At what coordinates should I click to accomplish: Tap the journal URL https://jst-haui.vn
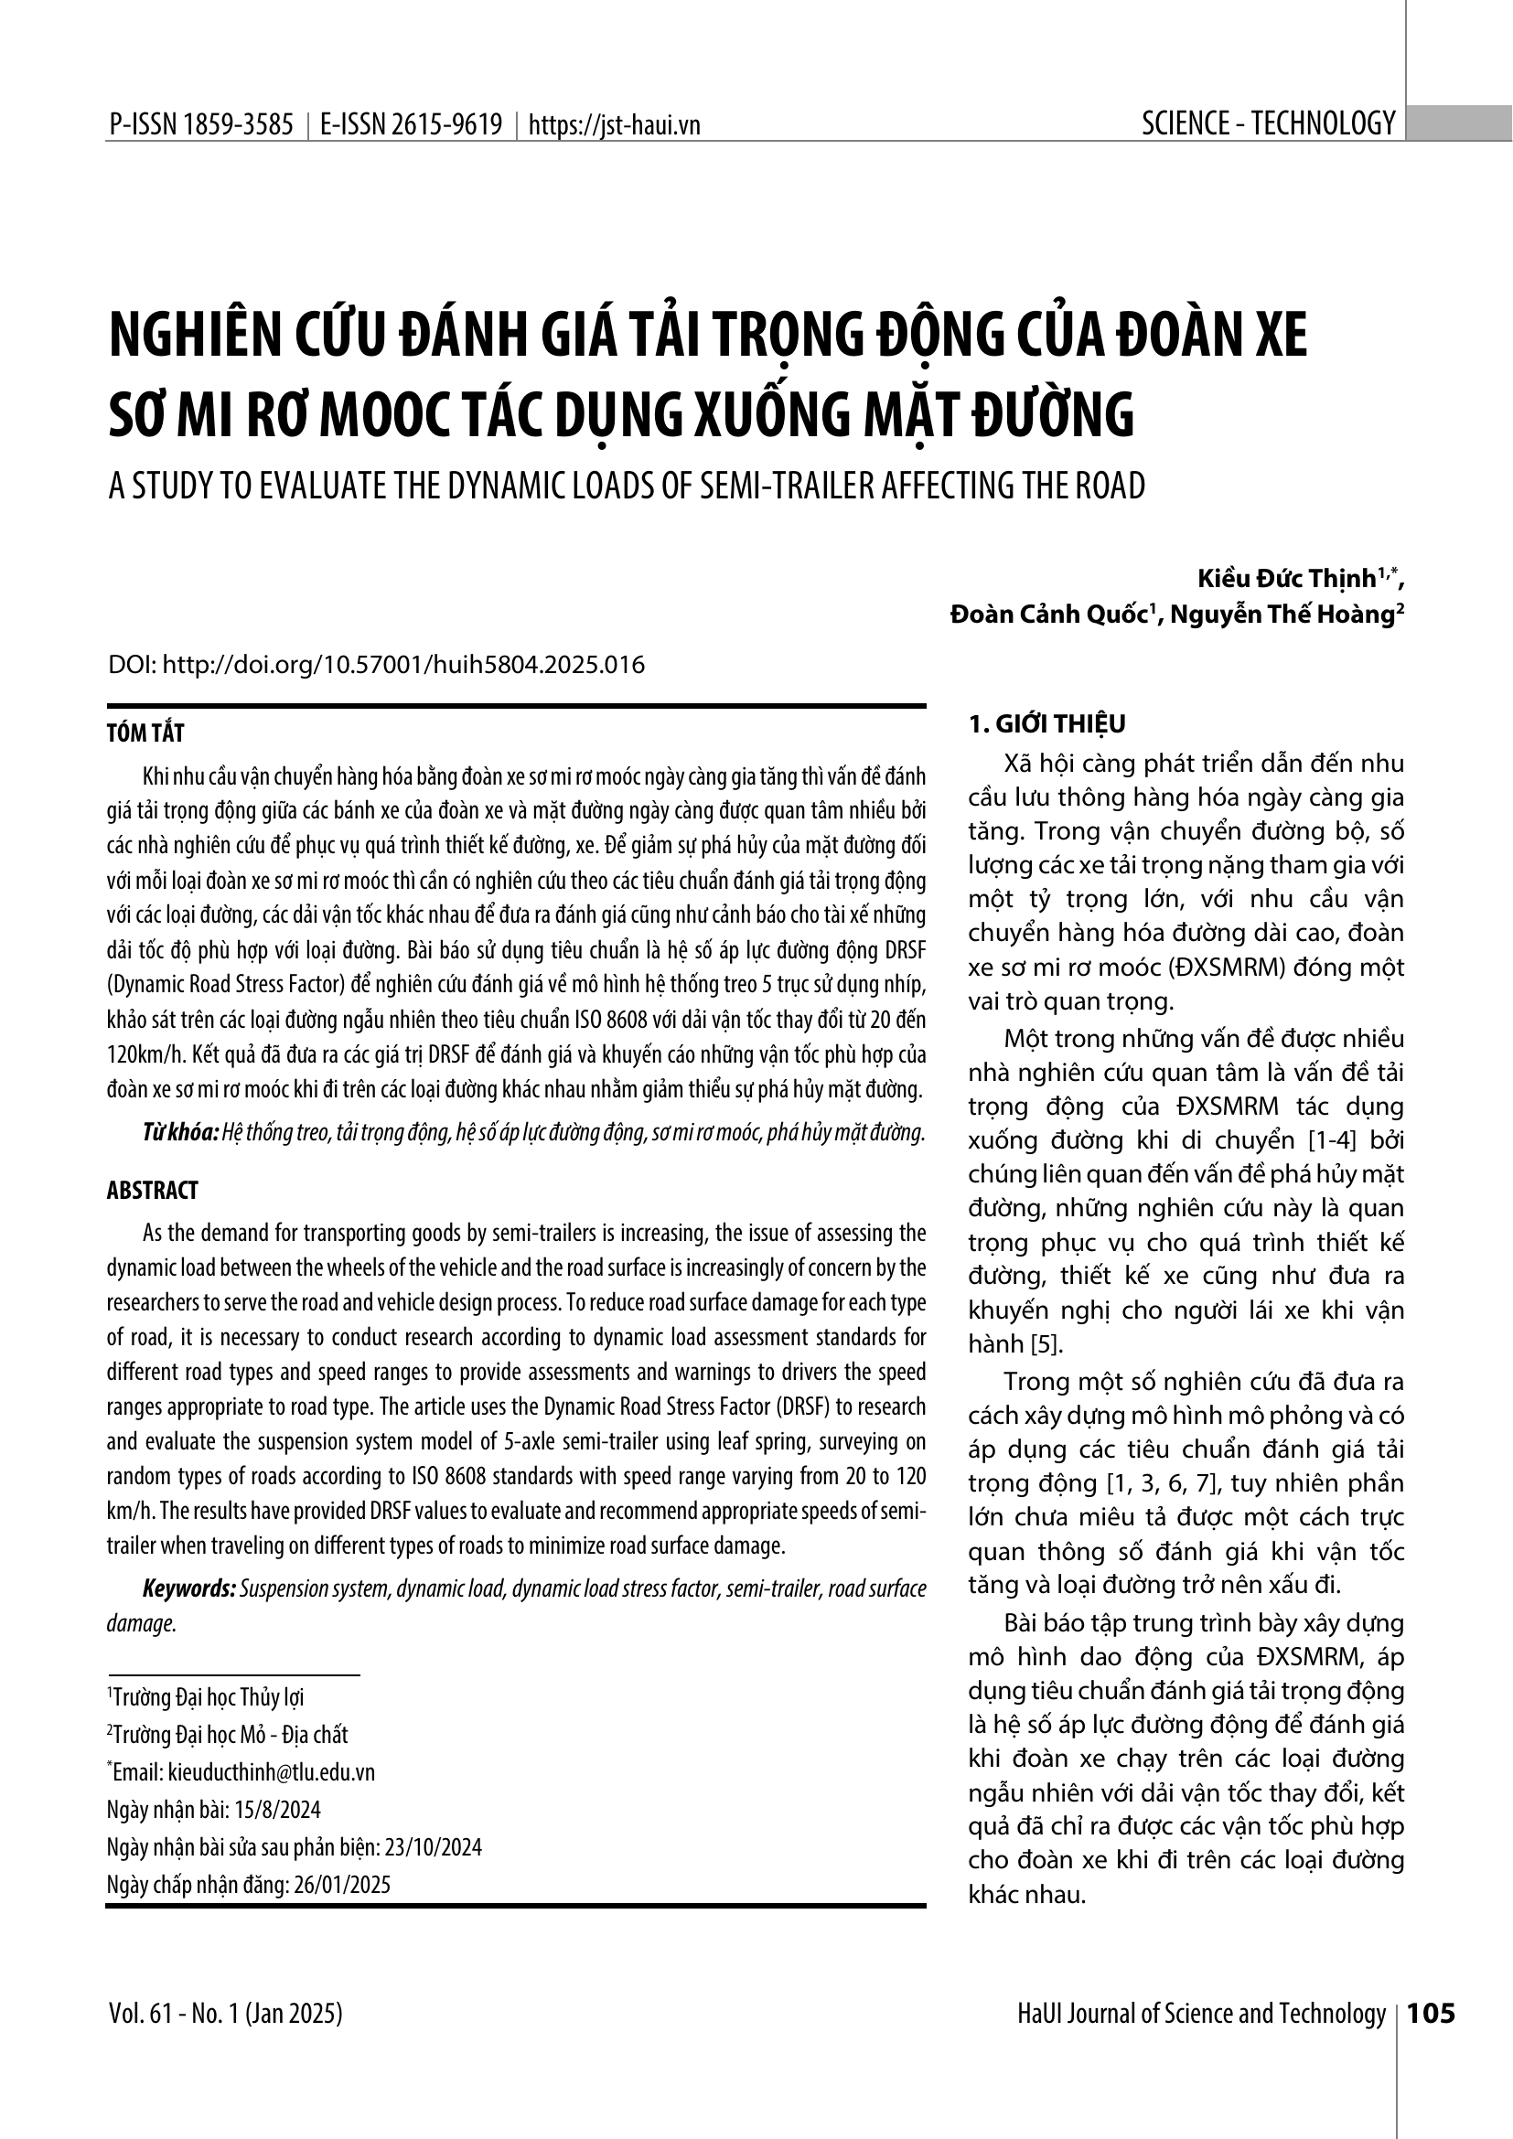coord(614,125)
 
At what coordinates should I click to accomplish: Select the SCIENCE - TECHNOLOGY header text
coord(1268,123)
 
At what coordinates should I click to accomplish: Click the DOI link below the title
coord(376,665)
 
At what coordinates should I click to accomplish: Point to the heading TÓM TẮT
coord(145,733)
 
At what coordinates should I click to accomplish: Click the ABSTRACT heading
coord(153,1191)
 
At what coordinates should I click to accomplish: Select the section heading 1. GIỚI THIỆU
coord(1047,724)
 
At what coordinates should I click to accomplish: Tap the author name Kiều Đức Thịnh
coord(1287,579)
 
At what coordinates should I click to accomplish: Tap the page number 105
coord(1431,2014)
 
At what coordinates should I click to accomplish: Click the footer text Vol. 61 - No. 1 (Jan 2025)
coord(225,2014)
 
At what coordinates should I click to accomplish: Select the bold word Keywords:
coord(189,1588)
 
